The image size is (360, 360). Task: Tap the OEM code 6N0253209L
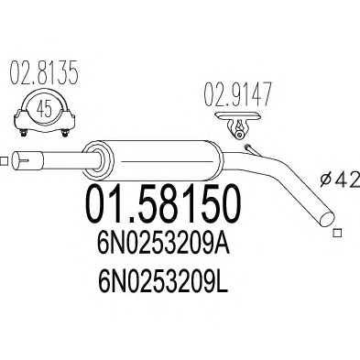[x=163, y=281]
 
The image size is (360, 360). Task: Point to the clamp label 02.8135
[x=44, y=73]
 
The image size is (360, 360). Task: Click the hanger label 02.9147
[x=237, y=94]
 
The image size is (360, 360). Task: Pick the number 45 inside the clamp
[x=45, y=109]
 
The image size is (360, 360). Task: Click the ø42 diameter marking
[x=342, y=180]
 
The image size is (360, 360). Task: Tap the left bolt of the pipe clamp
[x=24, y=133]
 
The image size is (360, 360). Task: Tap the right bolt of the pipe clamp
[x=65, y=133]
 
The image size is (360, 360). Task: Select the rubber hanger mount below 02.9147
[x=238, y=125]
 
